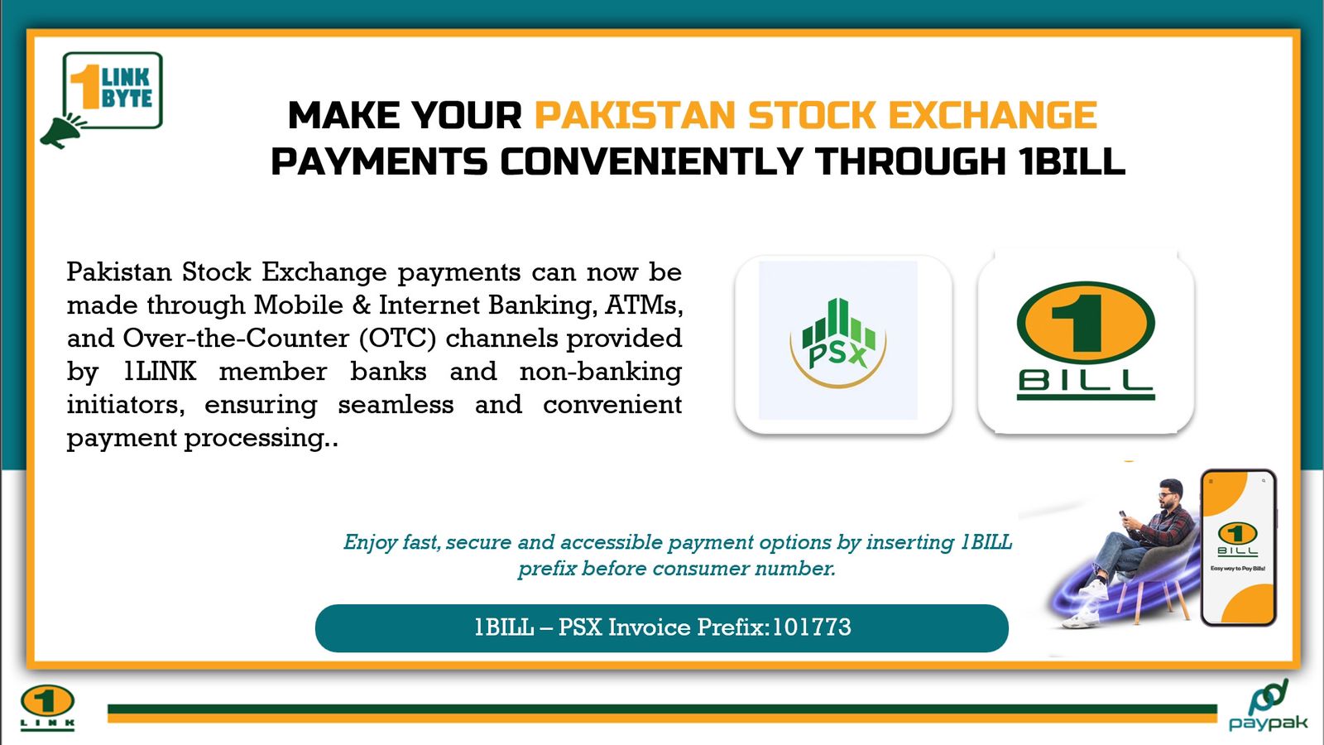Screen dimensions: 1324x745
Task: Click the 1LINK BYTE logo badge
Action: [x=113, y=90]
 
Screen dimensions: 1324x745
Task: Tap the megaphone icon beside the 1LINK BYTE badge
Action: [x=63, y=131]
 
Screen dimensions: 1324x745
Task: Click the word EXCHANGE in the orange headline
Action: [x=992, y=115]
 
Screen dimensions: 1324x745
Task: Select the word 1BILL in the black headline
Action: [x=1072, y=161]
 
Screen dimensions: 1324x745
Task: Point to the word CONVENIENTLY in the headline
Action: [x=651, y=161]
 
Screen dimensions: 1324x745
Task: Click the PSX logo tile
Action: [x=843, y=344]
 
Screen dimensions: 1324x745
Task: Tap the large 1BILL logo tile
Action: [x=1086, y=342]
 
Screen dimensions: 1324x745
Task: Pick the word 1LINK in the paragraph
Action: [x=161, y=372]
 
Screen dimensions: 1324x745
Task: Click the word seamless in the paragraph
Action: [x=396, y=405]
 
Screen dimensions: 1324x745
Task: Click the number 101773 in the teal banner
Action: [x=812, y=627]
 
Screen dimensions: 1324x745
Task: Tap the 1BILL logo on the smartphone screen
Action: [x=1237, y=541]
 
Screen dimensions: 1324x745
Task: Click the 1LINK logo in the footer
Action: [x=47, y=708]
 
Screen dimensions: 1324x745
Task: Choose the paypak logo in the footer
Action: [x=1267, y=706]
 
